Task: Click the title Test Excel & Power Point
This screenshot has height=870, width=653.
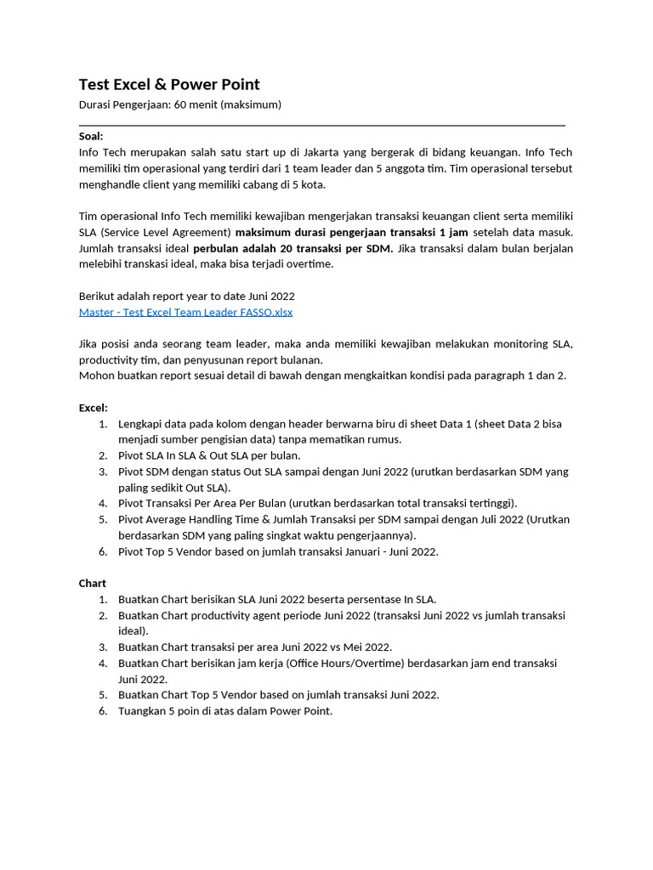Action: pos(169,84)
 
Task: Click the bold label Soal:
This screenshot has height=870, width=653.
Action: pos(91,136)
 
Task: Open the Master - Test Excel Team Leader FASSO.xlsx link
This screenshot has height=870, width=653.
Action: pos(185,312)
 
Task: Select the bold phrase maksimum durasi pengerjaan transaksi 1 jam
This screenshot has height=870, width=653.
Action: pos(351,232)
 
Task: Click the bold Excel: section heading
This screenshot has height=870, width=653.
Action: pos(94,408)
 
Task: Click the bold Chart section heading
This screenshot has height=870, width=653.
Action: pos(93,584)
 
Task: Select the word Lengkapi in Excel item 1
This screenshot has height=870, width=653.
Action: pos(139,424)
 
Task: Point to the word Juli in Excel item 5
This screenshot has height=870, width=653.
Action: pos(471,519)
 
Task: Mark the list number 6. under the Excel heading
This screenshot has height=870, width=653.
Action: pos(103,551)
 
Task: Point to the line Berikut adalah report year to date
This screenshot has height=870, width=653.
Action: pos(186,296)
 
